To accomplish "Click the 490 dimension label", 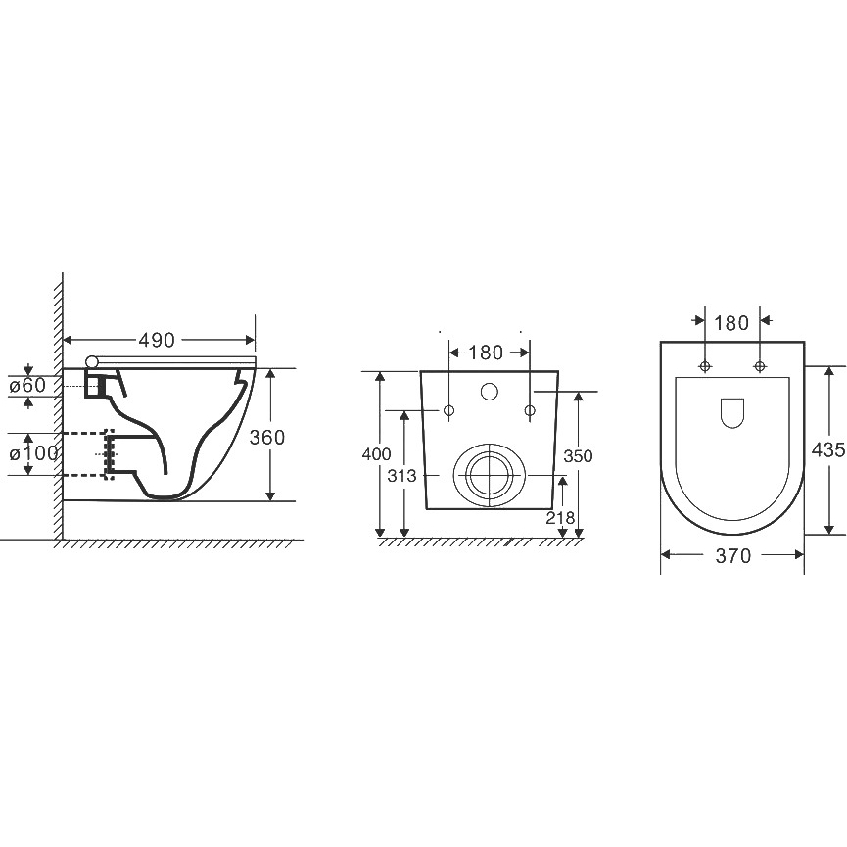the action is coord(157,340).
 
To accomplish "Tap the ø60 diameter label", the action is coord(27,386).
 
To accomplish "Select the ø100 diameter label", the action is coord(33,453).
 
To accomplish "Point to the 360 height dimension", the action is coord(267,437).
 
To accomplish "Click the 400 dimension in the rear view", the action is coord(376,454).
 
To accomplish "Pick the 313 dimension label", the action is coord(401,476).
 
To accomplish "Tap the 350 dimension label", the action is coord(578,456).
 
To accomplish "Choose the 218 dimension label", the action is coord(560,518).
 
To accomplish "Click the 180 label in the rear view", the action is coord(486,353).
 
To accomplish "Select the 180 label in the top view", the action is coord(731,323).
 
